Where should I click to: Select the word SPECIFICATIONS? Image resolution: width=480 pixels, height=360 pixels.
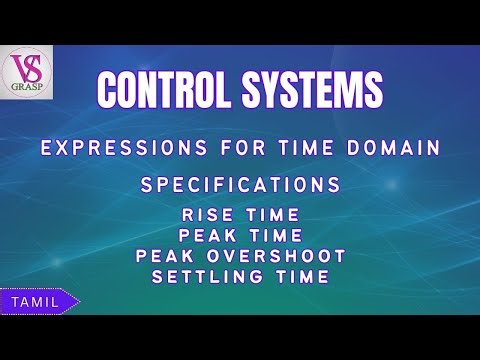[x=241, y=186]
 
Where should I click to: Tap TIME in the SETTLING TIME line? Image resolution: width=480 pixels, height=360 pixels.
[x=301, y=276]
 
